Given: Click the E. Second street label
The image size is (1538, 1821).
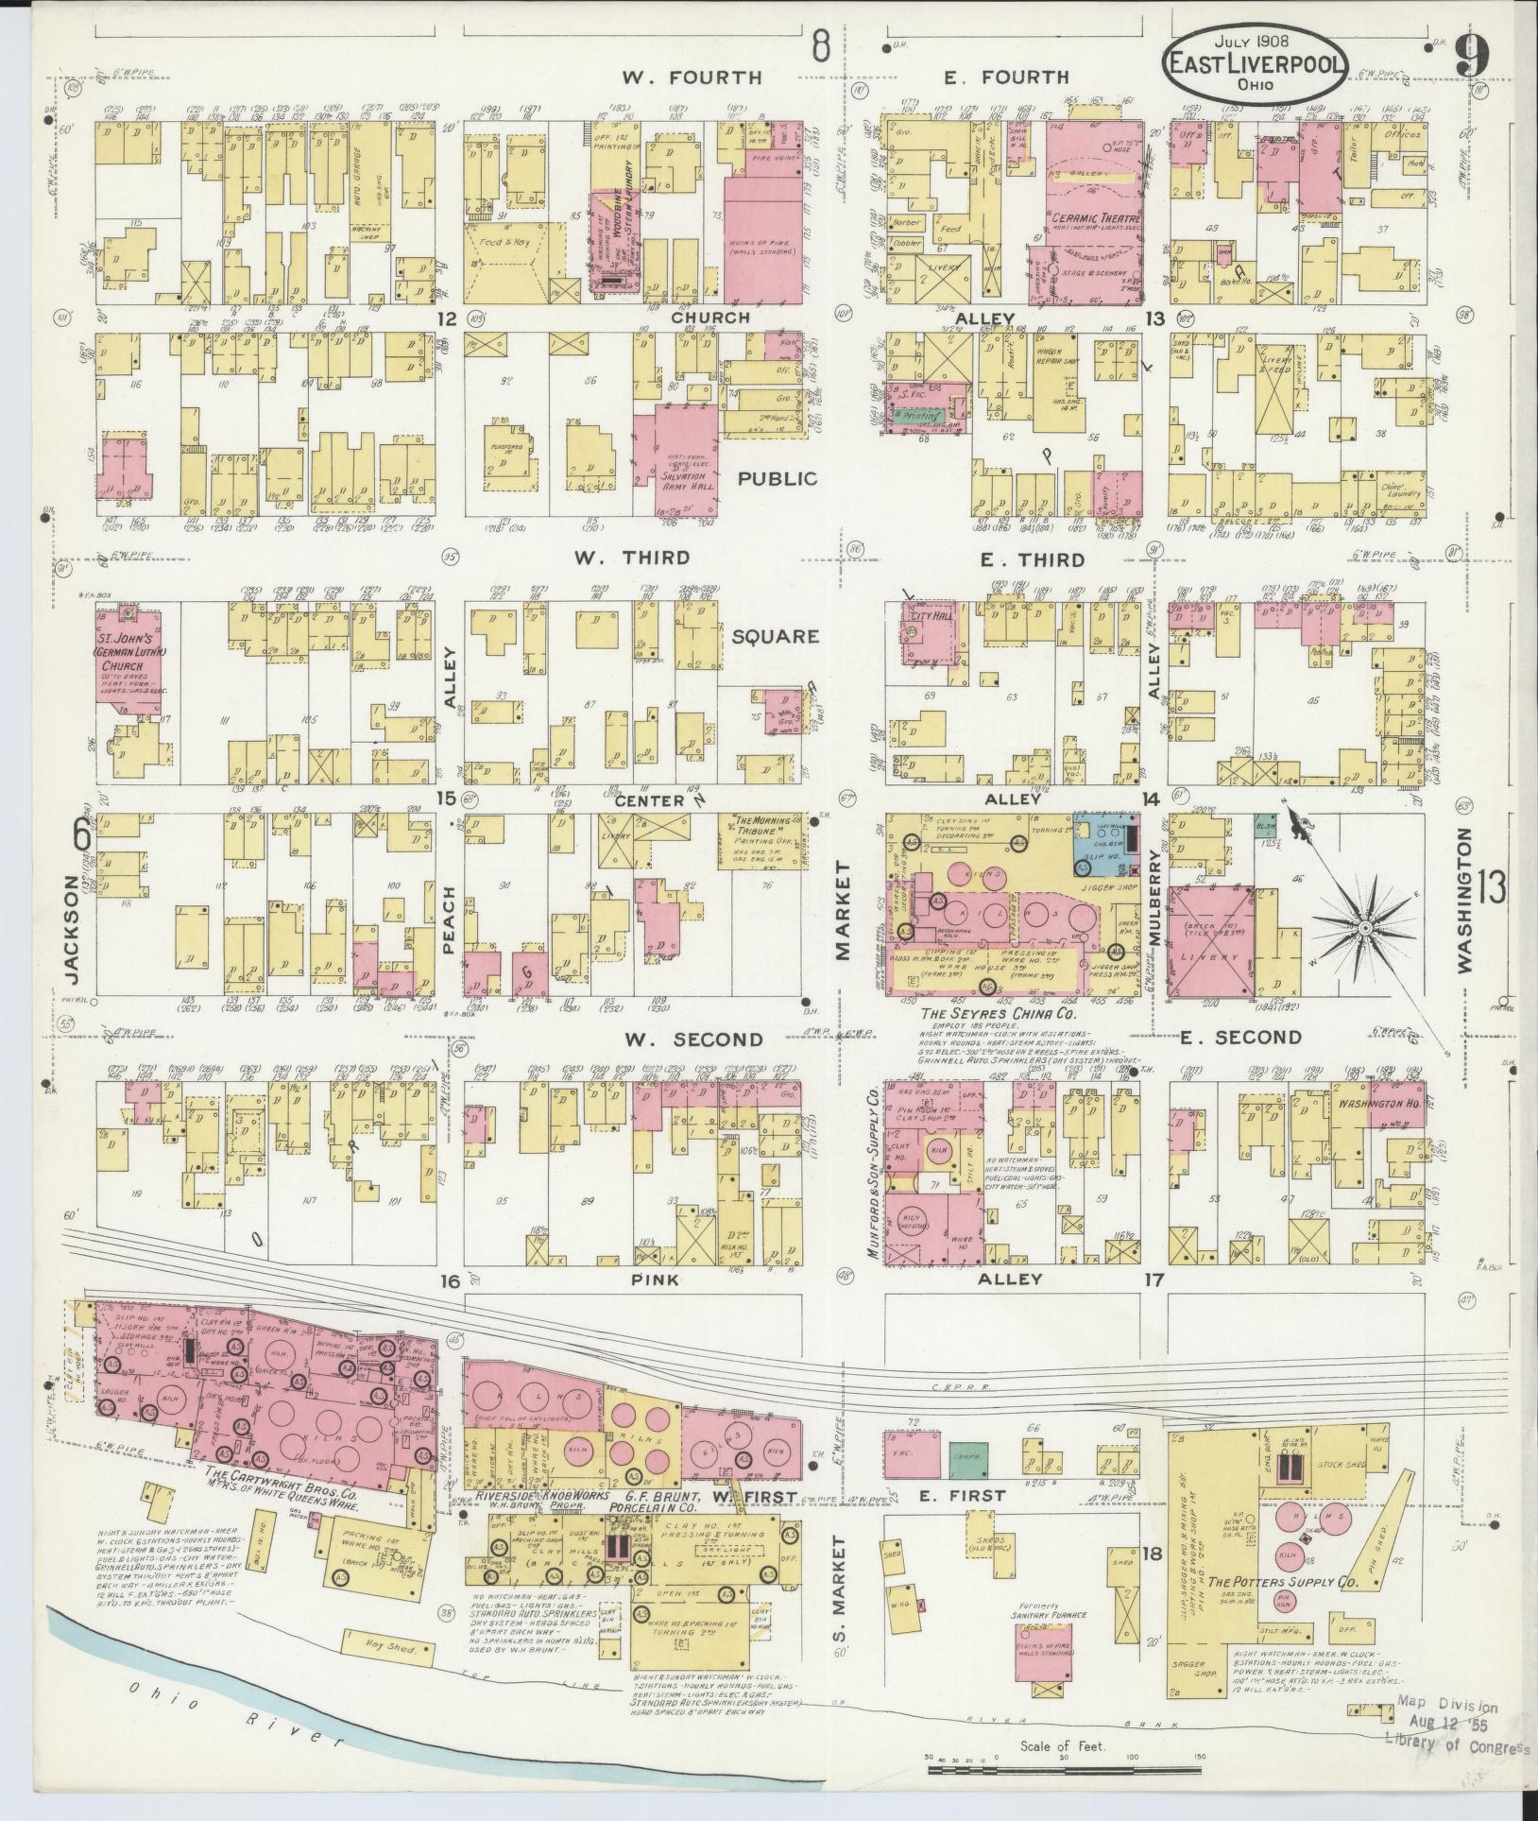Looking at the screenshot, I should point(1240,1038).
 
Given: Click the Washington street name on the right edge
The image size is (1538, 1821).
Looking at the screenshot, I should point(1464,900).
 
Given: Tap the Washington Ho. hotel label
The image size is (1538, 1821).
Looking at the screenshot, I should point(1361,1101).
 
